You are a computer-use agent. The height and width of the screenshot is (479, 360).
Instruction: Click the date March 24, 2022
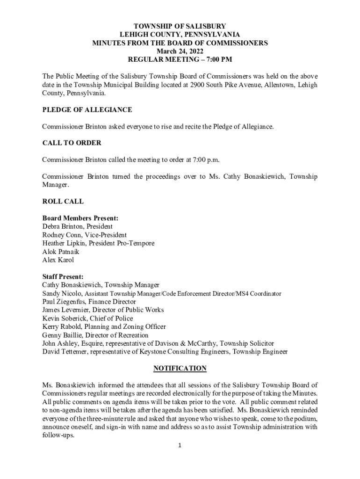(180, 51)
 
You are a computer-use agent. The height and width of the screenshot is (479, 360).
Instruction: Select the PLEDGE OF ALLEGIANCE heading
(87, 110)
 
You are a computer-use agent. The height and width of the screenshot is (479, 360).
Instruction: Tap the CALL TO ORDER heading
(72, 143)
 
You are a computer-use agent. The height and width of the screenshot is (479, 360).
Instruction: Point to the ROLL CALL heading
(63, 202)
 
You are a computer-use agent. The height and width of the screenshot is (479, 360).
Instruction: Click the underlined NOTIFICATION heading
(180, 369)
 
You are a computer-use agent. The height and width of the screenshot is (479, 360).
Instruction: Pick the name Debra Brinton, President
(77, 226)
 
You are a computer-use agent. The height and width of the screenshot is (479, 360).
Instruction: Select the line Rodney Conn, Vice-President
(84, 235)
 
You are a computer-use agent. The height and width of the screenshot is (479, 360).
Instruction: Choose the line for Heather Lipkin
(98, 243)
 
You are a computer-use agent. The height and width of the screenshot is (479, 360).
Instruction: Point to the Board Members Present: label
(80, 218)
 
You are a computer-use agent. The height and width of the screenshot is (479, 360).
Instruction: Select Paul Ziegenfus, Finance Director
(89, 302)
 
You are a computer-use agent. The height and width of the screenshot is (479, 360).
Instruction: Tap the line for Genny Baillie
(95, 335)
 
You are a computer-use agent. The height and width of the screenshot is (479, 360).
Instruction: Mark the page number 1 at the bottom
(180, 445)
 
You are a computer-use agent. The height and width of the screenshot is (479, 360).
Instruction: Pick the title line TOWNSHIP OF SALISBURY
(180, 26)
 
